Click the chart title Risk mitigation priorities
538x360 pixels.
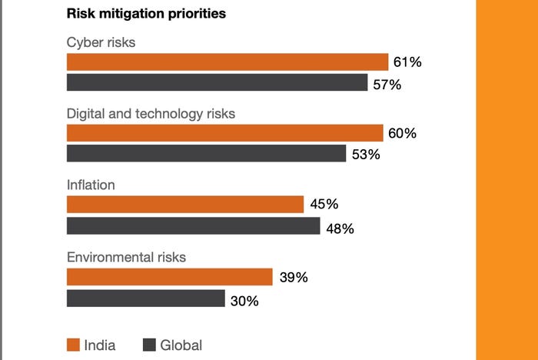(146, 14)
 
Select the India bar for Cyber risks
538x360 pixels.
(227, 62)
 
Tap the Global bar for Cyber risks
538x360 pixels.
(217, 83)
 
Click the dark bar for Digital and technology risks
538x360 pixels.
(206, 154)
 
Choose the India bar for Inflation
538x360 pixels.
(185, 204)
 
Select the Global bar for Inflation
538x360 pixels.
(193, 225)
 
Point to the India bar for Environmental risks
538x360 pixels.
(170, 277)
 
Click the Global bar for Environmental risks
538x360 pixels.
(145, 298)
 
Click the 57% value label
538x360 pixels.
(387, 84)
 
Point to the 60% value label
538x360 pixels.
(402, 133)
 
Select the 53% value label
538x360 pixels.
(366, 155)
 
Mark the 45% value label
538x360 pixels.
(324, 205)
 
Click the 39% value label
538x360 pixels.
(294, 278)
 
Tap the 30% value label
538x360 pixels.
(244, 301)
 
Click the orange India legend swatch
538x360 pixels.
(74, 345)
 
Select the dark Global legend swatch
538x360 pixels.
(150, 345)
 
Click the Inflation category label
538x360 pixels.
(91, 185)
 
